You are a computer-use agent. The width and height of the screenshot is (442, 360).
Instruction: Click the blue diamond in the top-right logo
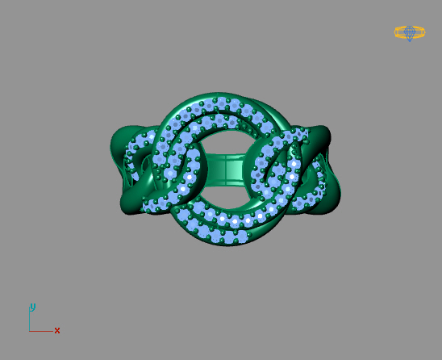tap(410, 32)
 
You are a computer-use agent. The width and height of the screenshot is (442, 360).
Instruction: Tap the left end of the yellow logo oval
tap(396, 32)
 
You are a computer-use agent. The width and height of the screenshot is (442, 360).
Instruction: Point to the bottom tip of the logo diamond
tap(410, 40)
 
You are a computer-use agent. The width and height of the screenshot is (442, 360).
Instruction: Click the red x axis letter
tap(57, 331)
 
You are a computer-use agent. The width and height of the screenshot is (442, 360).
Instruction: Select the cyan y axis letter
tap(32, 307)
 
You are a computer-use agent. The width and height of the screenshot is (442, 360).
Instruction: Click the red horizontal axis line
tap(42, 331)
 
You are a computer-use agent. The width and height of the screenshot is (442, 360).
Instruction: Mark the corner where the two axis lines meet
tap(30, 331)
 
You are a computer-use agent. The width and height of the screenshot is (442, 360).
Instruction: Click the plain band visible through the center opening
tap(223, 170)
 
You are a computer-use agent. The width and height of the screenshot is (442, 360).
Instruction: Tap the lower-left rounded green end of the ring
tap(132, 203)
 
